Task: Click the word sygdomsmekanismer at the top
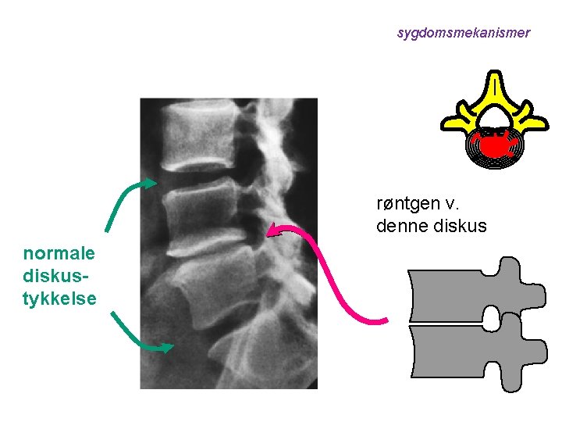(463, 33)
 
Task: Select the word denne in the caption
(403, 227)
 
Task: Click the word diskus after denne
(461, 227)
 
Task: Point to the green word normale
(59, 253)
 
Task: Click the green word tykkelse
(59, 298)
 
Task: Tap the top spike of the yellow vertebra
(493, 78)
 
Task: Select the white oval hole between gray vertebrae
(492, 317)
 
